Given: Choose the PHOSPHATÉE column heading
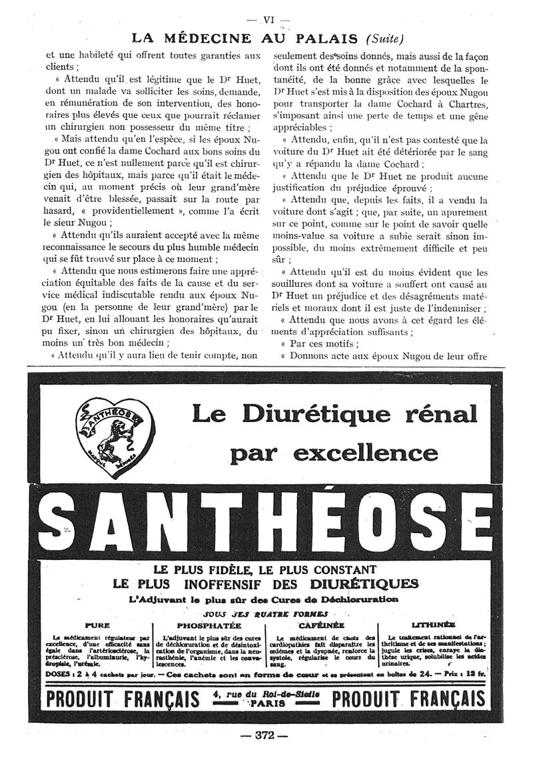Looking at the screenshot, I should coord(209,625).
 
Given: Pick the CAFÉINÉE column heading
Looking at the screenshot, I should coord(322,625).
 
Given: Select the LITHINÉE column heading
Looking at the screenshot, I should coord(434,625).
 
